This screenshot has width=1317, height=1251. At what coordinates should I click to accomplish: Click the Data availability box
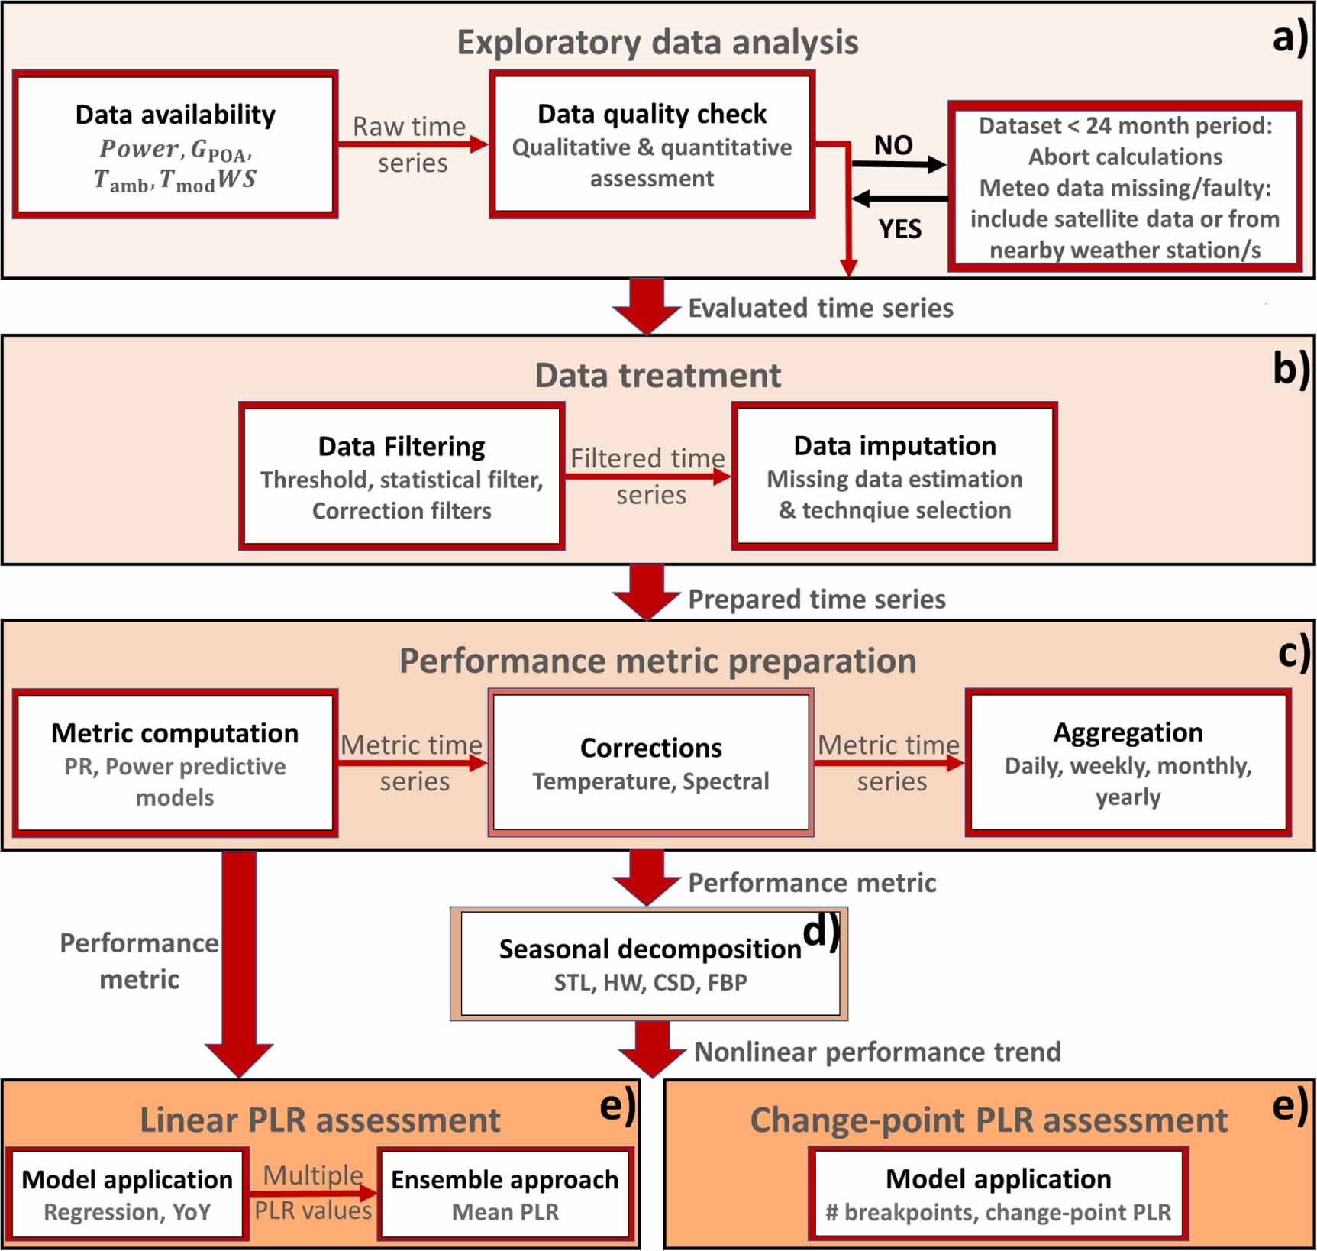pos(175,145)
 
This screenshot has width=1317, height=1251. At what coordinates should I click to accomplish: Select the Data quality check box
pos(651,145)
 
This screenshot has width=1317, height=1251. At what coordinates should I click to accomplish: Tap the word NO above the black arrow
pos(893,145)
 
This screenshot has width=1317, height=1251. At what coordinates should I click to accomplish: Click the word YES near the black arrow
pos(899,228)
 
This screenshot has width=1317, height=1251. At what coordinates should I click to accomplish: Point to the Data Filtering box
pos(402,476)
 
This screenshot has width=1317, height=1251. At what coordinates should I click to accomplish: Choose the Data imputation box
pos(894,476)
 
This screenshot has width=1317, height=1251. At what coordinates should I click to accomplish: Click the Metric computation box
pos(175,762)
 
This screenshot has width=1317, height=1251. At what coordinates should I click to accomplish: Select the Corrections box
pos(650,762)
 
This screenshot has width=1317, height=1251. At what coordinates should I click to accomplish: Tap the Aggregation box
pos(1128,762)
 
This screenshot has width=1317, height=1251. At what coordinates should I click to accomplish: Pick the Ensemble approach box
pos(505,1193)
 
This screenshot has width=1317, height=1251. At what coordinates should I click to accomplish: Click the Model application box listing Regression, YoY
pos(127,1193)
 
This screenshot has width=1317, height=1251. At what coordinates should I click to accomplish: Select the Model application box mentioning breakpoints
pos(998,1193)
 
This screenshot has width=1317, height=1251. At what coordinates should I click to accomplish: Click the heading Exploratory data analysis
pos(657,42)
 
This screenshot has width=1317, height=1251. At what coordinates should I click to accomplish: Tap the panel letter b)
pos(1290,369)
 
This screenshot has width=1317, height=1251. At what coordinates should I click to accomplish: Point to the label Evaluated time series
pos(820,308)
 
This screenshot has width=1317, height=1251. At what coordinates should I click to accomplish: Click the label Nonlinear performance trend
pos(877,1052)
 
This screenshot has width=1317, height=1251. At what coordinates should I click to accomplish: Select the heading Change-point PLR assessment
pos(988,1120)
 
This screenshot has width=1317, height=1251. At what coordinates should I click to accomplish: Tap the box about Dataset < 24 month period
pos(1125,187)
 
